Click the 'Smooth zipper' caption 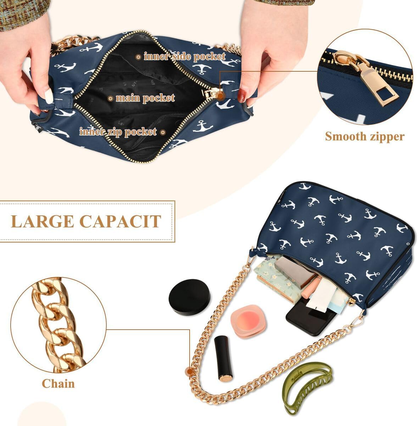click(364, 136)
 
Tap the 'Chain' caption click(58, 383)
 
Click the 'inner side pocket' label click(184, 56)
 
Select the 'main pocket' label click(145, 98)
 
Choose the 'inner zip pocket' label click(118, 132)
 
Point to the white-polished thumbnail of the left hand click(49, 95)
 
